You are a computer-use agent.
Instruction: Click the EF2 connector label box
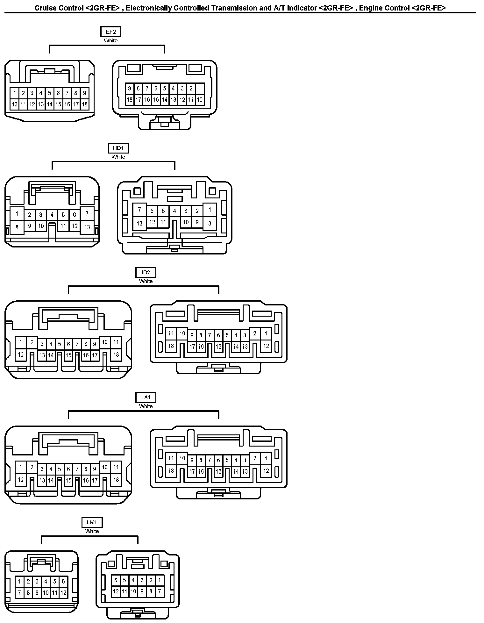pyautogui.click(x=110, y=32)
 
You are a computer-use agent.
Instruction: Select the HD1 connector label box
pyautogui.click(x=118, y=148)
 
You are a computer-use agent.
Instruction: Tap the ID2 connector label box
pyautogui.click(x=146, y=273)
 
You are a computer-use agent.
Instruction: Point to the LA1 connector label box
pyautogui.click(x=146, y=397)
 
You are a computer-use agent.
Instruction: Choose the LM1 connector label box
pyautogui.click(x=92, y=522)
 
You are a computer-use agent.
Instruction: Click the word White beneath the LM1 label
pyautogui.click(x=92, y=531)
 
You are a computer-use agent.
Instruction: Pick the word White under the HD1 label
pyautogui.click(x=118, y=157)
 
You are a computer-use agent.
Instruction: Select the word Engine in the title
pyautogui.click(x=369, y=8)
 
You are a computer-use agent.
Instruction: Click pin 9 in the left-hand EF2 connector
pyautogui.click(x=84, y=93)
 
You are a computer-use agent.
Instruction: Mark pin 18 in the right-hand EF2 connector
pyautogui.click(x=129, y=100)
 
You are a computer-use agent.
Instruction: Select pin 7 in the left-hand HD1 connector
pyautogui.click(x=87, y=213)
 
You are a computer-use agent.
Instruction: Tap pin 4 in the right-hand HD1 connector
pyautogui.click(x=174, y=211)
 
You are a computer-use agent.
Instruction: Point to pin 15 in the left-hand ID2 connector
pyautogui.click(x=68, y=355)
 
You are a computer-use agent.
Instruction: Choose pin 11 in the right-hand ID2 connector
pyautogui.click(x=171, y=333)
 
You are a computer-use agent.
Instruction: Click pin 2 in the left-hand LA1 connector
pyautogui.click(x=32, y=468)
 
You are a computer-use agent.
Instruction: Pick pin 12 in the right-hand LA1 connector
pyautogui.click(x=266, y=471)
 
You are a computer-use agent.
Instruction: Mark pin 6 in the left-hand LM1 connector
pyautogui.click(x=63, y=581)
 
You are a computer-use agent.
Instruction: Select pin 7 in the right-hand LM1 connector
pyautogui.click(x=160, y=591)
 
